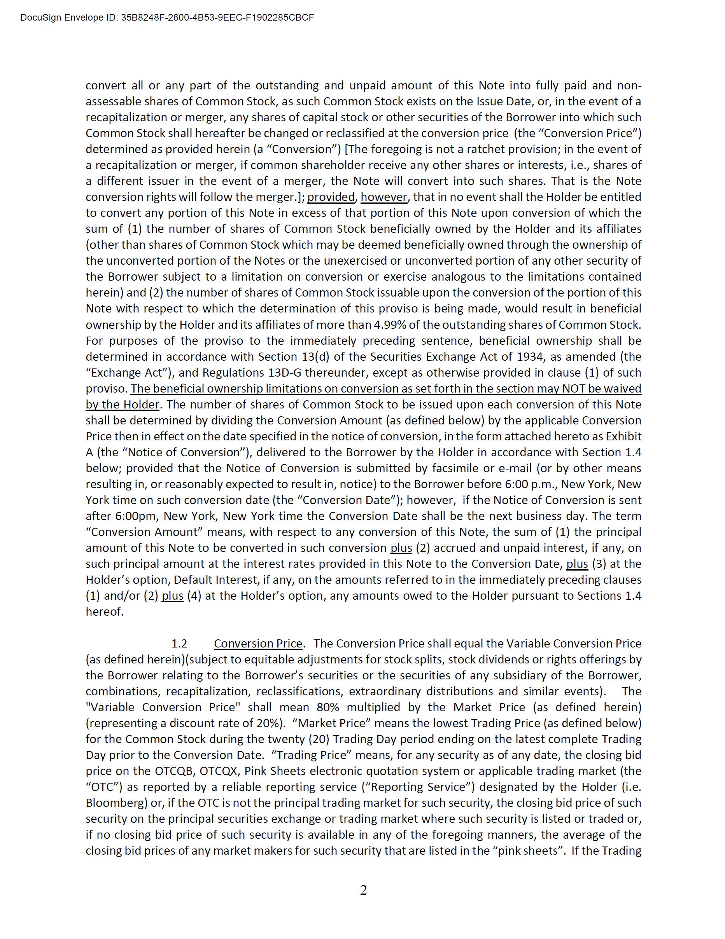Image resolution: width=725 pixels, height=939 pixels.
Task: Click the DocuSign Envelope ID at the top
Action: click(x=167, y=17)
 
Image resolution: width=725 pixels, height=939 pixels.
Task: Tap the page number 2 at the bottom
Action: click(x=363, y=890)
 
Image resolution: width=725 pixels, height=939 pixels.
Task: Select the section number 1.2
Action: click(x=179, y=644)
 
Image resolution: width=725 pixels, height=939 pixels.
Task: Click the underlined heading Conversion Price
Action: click(x=258, y=644)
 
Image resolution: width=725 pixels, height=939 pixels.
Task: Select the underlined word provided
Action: click(x=331, y=197)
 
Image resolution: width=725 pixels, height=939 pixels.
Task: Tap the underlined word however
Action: click(x=384, y=197)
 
